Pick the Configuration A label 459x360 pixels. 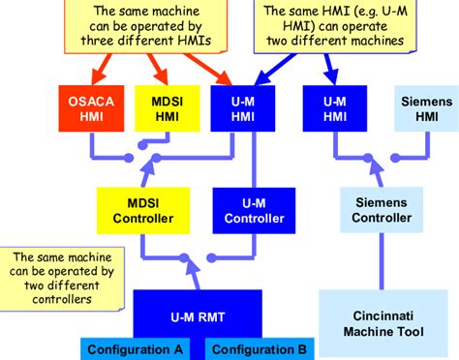point(130,349)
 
